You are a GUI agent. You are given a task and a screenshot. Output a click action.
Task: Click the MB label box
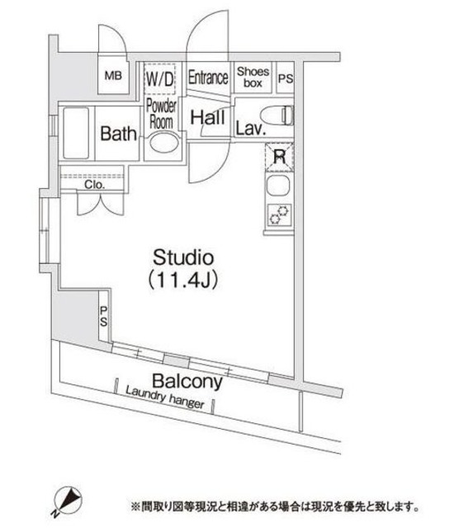pos(112,78)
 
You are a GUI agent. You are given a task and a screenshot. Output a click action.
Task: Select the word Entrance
pos(207,78)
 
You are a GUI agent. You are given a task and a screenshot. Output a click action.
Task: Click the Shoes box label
pos(253,78)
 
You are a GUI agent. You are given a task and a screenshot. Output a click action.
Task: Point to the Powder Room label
pos(159,112)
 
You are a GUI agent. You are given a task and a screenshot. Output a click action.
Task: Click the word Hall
pos(207,119)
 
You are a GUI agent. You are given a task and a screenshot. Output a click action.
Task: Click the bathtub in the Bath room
pos(77,134)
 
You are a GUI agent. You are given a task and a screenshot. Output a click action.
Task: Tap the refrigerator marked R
pos(279,155)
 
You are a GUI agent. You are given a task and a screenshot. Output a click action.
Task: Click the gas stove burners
pos(277,214)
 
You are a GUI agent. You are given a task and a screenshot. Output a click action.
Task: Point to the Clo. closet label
pos(92,185)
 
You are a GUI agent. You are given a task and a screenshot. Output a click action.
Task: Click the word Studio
pos(182,257)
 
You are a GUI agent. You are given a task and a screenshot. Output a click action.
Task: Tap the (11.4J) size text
pos(182,280)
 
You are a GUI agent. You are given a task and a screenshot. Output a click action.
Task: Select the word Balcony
pos(187,382)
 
